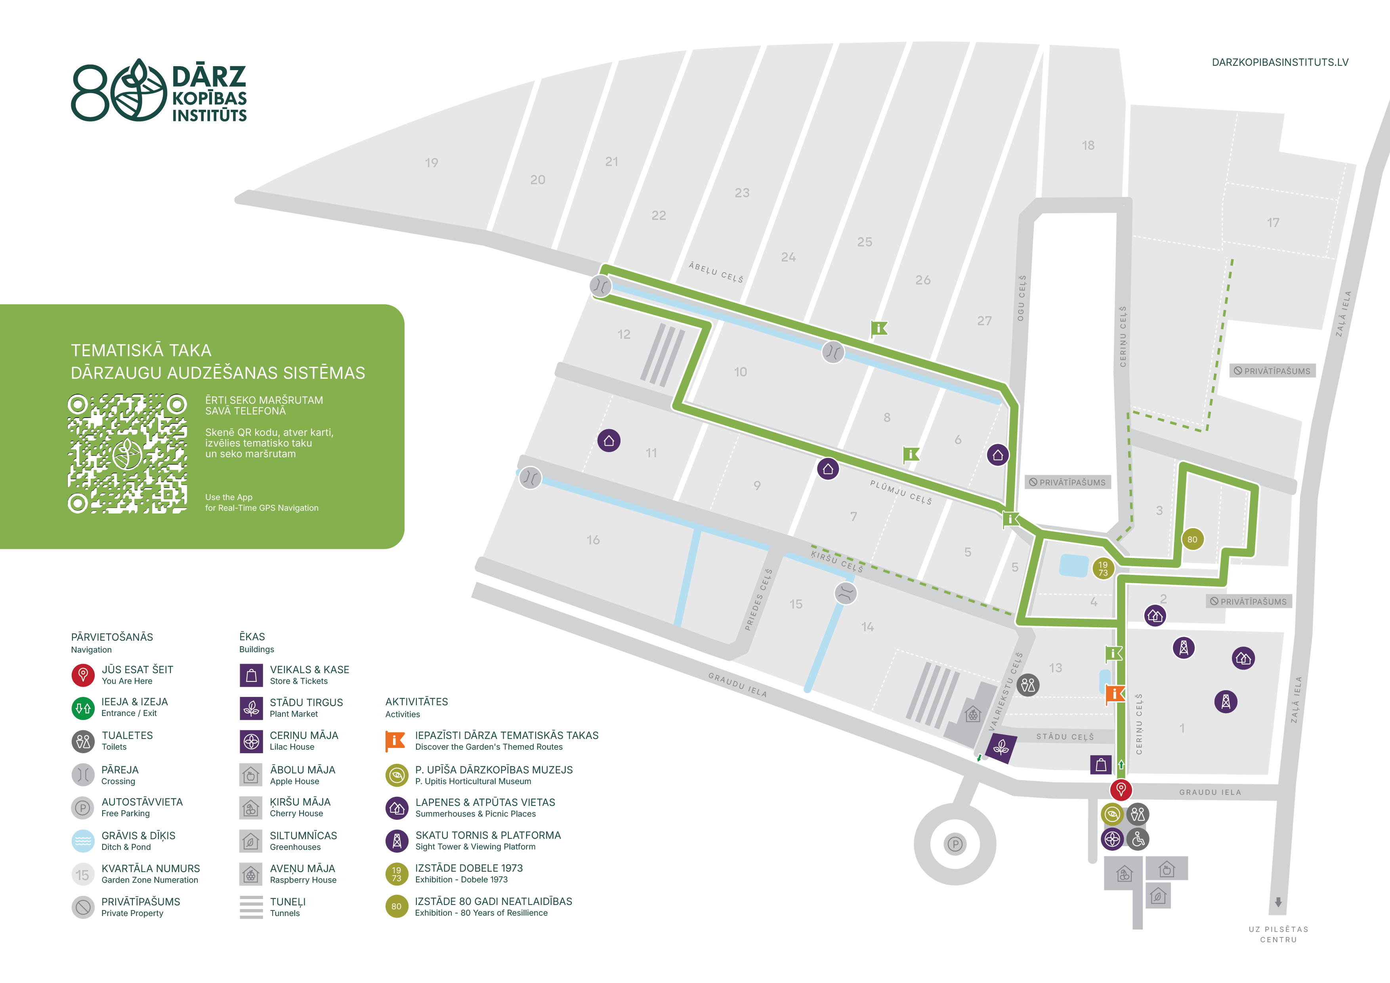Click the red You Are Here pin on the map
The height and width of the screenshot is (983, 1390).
click(x=1121, y=789)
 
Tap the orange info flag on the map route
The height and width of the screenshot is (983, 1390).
click(x=1115, y=694)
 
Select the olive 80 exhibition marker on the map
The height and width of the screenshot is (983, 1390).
click(x=1192, y=539)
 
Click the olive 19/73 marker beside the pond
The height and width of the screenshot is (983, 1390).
click(x=1103, y=569)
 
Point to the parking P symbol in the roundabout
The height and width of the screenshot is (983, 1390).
click(x=955, y=844)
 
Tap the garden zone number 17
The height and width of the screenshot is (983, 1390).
click(x=1273, y=223)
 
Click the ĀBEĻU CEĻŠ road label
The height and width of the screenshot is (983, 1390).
click(x=716, y=272)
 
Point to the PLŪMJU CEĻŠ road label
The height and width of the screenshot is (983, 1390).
click(x=901, y=492)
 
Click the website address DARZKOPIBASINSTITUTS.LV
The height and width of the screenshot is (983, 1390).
click(x=1280, y=62)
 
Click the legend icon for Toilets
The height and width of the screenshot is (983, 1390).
click(x=83, y=741)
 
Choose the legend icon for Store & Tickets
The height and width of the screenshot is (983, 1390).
click(x=251, y=675)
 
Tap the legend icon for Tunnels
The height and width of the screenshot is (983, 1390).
click(x=251, y=907)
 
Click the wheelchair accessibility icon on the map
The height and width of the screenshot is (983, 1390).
click(x=1138, y=839)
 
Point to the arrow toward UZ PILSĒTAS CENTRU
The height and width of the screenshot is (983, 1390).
click(x=1278, y=902)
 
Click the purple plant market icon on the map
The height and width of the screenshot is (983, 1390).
click(x=1001, y=748)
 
